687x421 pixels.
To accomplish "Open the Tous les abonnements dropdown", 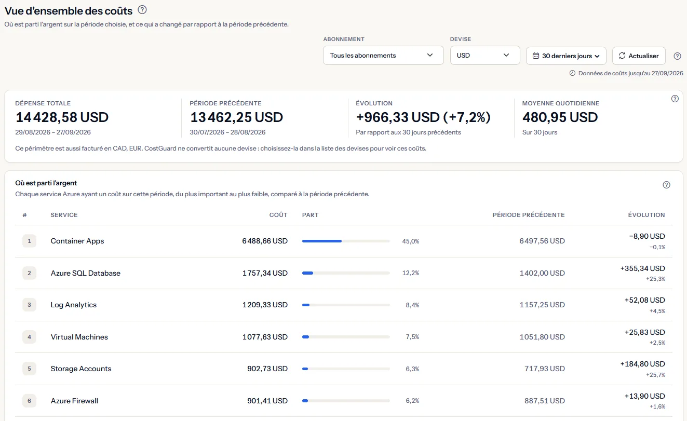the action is (383, 56).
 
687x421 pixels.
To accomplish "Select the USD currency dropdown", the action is (485, 56).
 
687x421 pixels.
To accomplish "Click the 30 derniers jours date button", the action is (566, 56).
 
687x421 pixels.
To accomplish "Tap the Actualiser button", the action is (639, 56).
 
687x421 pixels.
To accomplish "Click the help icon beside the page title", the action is (142, 10).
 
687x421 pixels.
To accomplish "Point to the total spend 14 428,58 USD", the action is (62, 117).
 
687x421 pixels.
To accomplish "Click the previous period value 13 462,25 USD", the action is (236, 117).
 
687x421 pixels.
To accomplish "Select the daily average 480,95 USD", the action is (560, 117).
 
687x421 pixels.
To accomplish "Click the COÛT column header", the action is (278, 215).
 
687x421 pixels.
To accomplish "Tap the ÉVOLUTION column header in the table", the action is (646, 215).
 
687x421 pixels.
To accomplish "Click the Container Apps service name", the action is (77, 241).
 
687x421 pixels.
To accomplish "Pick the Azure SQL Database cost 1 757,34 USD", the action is (265, 273).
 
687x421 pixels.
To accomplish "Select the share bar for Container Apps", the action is (346, 241).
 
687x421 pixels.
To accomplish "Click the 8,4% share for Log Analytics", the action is (412, 305).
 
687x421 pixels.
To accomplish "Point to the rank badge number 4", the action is (29, 337).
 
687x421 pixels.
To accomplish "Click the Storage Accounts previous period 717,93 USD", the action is (544, 369).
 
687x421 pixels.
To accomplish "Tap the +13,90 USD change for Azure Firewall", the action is (644, 396).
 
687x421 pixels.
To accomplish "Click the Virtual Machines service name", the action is (79, 337).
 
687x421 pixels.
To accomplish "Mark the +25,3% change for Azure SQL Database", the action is (655, 279).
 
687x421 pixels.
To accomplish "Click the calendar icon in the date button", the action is (535, 56).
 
